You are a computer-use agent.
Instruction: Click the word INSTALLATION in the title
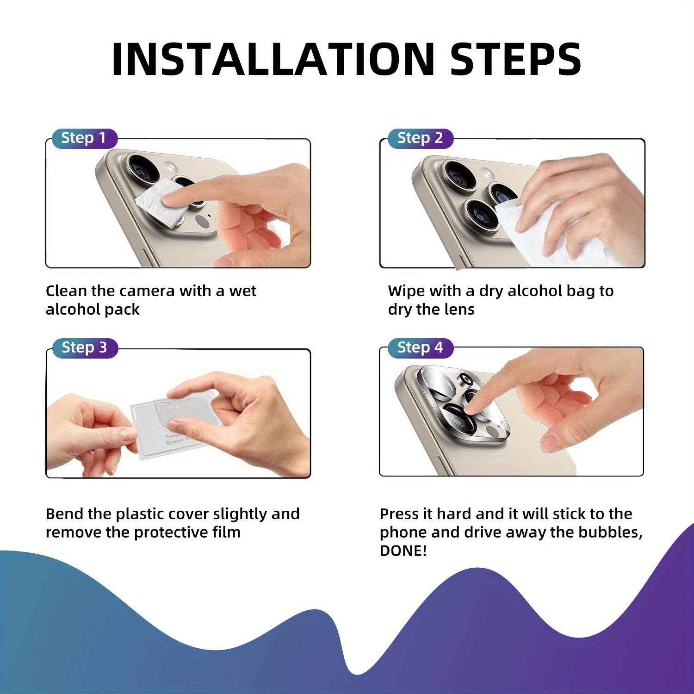pyautogui.click(x=273, y=59)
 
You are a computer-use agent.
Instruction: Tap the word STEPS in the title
pyautogui.click(x=515, y=59)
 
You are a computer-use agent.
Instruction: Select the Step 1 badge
pyautogui.click(x=84, y=138)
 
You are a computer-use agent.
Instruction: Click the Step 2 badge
pyautogui.click(x=420, y=138)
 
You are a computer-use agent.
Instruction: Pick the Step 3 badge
pyautogui.click(x=84, y=348)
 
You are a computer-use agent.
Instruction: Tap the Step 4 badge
pyautogui.click(x=420, y=348)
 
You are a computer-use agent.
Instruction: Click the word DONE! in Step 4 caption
pyautogui.click(x=403, y=551)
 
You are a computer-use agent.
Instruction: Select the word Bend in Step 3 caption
pyautogui.click(x=64, y=514)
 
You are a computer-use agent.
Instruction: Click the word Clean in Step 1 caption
pyautogui.click(x=66, y=291)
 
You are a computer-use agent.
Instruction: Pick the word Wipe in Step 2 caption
pyautogui.click(x=406, y=291)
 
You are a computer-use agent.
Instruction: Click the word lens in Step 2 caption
pyautogui.click(x=458, y=310)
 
